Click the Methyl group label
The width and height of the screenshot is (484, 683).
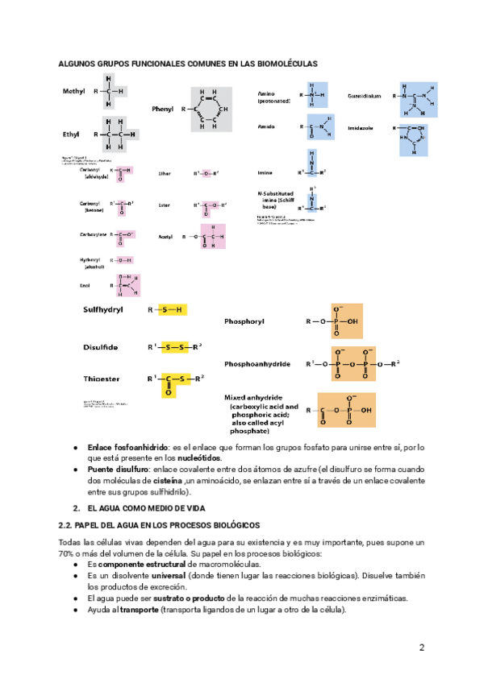click(73, 91)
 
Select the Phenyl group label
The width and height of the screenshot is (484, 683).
click(163, 108)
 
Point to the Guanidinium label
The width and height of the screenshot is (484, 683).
click(365, 94)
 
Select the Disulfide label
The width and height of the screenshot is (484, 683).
click(100, 347)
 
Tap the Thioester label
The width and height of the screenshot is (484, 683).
click(102, 378)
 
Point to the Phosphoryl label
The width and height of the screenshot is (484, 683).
click(245, 321)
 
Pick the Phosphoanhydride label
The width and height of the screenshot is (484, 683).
click(257, 364)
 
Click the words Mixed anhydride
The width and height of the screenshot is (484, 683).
click(253, 398)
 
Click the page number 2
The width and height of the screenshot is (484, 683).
click(421, 648)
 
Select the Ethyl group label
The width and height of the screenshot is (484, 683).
click(71, 134)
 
